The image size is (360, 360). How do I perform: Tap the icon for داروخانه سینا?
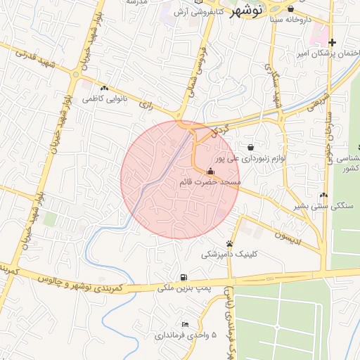point(290,9)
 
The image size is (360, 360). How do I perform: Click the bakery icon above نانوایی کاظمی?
point(104,89)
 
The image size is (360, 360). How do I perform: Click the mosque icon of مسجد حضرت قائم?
point(210,172)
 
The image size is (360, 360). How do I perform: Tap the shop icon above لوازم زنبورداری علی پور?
point(251,146)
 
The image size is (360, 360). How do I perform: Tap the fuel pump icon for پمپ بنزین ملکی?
point(184,277)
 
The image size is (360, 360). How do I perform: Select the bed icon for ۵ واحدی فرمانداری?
point(184,324)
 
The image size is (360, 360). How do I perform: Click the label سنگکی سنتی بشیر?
point(321,206)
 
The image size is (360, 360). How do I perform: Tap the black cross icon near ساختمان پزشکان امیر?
point(332,43)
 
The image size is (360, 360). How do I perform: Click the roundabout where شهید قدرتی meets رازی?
point(75,73)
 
